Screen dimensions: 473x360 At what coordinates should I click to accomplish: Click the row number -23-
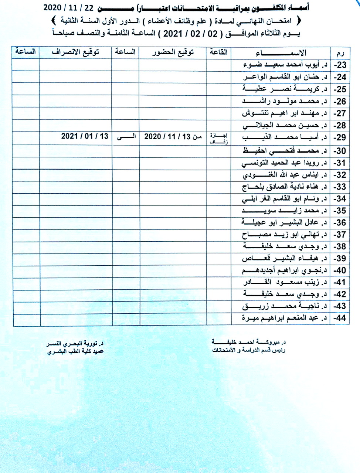tap(340, 65)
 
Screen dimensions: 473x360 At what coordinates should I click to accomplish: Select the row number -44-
tap(340, 318)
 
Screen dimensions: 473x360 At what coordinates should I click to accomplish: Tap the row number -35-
tap(340, 211)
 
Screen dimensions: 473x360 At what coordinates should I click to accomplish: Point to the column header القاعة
tap(218, 52)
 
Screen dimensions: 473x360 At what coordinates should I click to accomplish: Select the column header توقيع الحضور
tap(173, 52)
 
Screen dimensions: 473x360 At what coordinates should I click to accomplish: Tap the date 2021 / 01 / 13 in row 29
tap(85, 136)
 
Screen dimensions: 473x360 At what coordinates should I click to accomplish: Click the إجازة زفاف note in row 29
tap(218, 137)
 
